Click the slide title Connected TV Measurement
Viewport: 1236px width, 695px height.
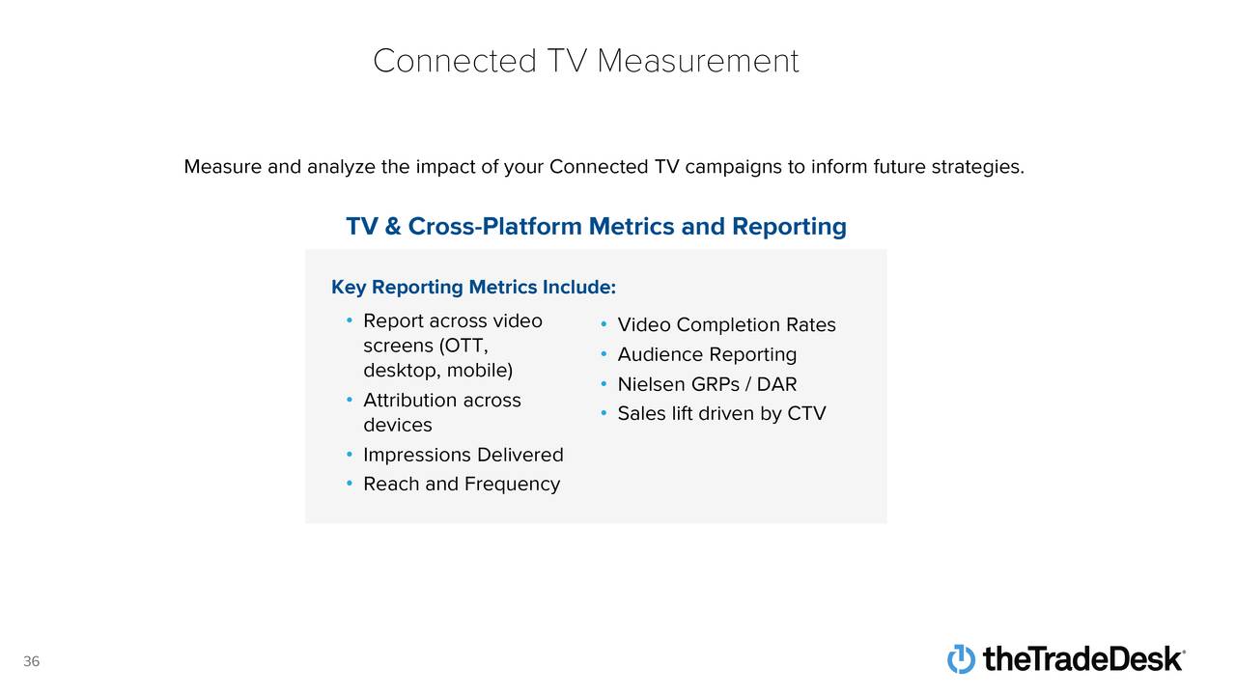585,61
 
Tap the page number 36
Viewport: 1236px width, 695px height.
32,661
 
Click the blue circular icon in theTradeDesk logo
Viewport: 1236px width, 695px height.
961,658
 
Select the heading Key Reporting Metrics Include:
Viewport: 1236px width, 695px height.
473,288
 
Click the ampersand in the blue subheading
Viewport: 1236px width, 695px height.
392,227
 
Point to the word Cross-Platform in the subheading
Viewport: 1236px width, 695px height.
495,227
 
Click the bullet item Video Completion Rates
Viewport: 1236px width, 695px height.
727,325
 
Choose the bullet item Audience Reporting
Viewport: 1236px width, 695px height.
707,354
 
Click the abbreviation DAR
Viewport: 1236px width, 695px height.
776,384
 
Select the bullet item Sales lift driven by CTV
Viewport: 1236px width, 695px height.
721,414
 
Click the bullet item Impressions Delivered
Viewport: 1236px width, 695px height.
463,455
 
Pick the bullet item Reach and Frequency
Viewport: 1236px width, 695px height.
462,485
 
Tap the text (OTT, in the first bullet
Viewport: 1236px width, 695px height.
463,346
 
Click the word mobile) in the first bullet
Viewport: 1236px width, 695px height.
480,370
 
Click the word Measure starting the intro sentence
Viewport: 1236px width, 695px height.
223,167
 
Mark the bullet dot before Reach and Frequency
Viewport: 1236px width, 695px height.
350,484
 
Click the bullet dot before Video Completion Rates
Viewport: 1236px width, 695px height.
604,324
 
